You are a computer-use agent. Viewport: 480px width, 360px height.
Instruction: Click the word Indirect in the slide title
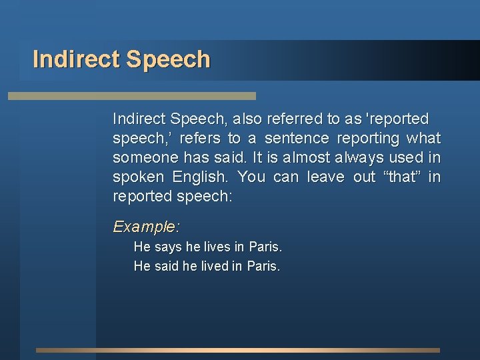tap(75, 59)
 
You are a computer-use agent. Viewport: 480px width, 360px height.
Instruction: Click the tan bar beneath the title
tap(131, 96)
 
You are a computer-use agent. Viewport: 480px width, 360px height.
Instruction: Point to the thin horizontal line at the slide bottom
tap(237, 350)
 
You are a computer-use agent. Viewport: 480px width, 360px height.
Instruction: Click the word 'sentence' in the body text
tap(297, 138)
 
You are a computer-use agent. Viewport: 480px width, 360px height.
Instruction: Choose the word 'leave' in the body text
tap(325, 177)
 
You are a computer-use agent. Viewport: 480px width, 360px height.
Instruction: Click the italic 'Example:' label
tap(146, 227)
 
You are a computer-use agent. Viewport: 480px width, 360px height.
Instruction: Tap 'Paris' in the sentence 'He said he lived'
tap(263, 267)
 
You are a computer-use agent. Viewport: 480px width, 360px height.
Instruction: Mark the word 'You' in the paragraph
tap(251, 177)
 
